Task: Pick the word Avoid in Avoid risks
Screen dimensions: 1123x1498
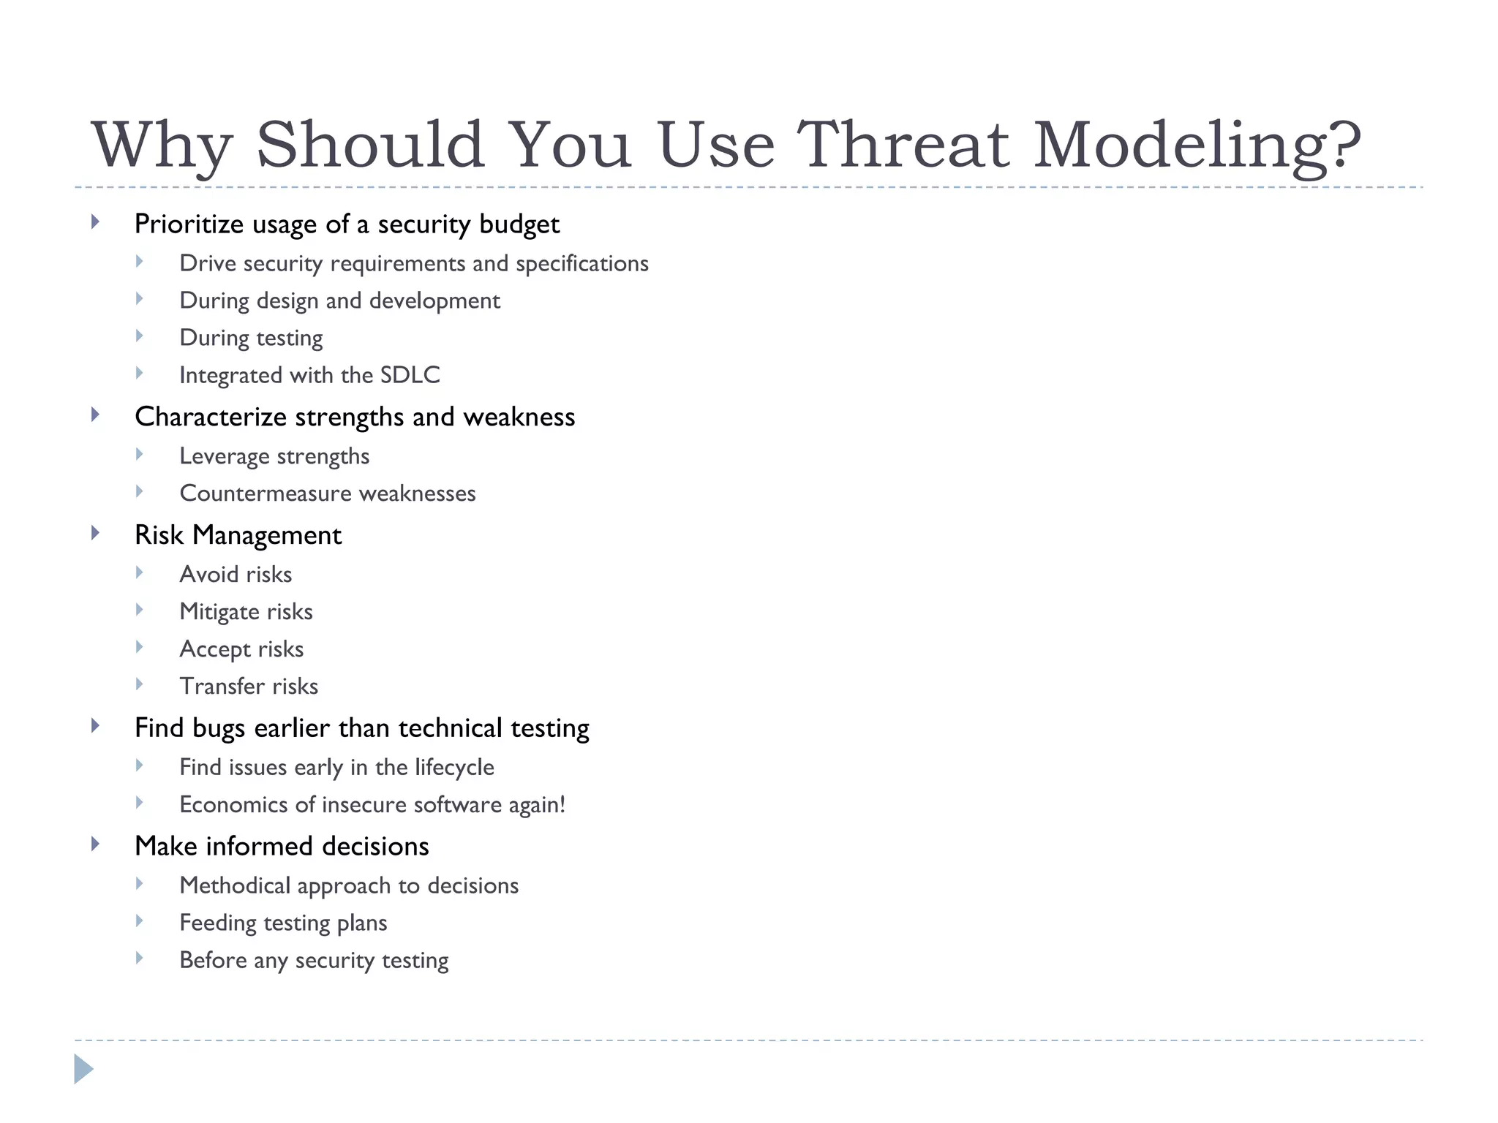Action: pyautogui.click(x=208, y=575)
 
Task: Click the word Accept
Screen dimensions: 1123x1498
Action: pyautogui.click(x=214, y=649)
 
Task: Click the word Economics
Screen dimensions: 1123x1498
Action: pyautogui.click(x=233, y=805)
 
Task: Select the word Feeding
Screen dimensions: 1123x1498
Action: pyautogui.click(x=217, y=923)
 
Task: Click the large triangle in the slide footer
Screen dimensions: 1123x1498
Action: pyautogui.click(x=83, y=1070)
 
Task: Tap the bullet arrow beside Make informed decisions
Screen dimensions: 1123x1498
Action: pyautogui.click(x=95, y=844)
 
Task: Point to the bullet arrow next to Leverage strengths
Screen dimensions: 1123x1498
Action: pyautogui.click(x=139, y=455)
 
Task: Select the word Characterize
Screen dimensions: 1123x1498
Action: pyautogui.click(x=211, y=417)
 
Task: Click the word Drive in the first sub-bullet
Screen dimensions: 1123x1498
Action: pyautogui.click(x=208, y=264)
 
